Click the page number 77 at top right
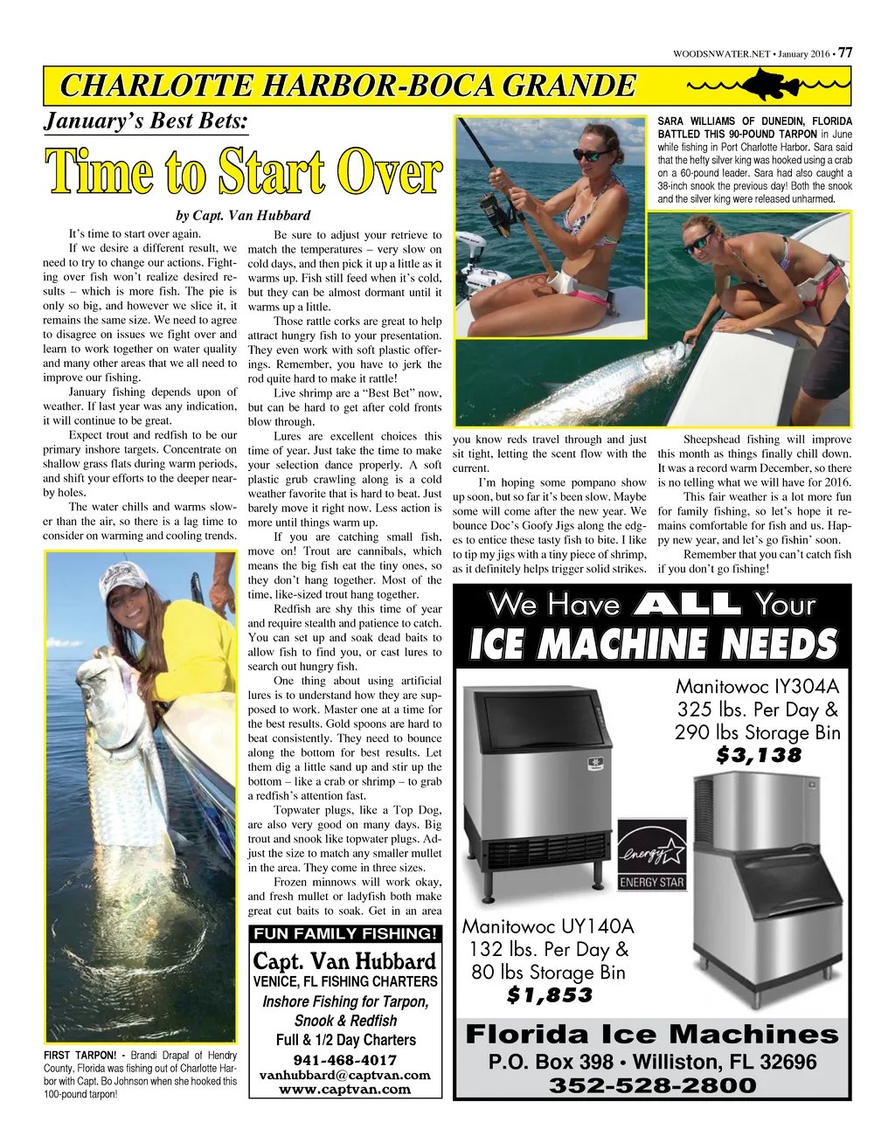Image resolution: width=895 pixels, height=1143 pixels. click(x=845, y=52)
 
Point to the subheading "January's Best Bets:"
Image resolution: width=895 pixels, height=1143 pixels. click(x=146, y=121)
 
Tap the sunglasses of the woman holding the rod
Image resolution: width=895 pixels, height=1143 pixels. click(x=592, y=155)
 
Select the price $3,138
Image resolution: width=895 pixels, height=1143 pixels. click(x=758, y=756)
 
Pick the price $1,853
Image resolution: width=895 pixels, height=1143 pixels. click(x=549, y=995)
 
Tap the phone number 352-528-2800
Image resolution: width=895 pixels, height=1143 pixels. click(x=652, y=1086)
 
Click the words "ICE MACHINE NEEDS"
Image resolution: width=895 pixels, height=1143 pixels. click(x=653, y=646)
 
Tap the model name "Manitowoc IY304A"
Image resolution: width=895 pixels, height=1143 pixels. click(x=757, y=686)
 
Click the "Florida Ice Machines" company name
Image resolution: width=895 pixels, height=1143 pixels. click(x=652, y=1036)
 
